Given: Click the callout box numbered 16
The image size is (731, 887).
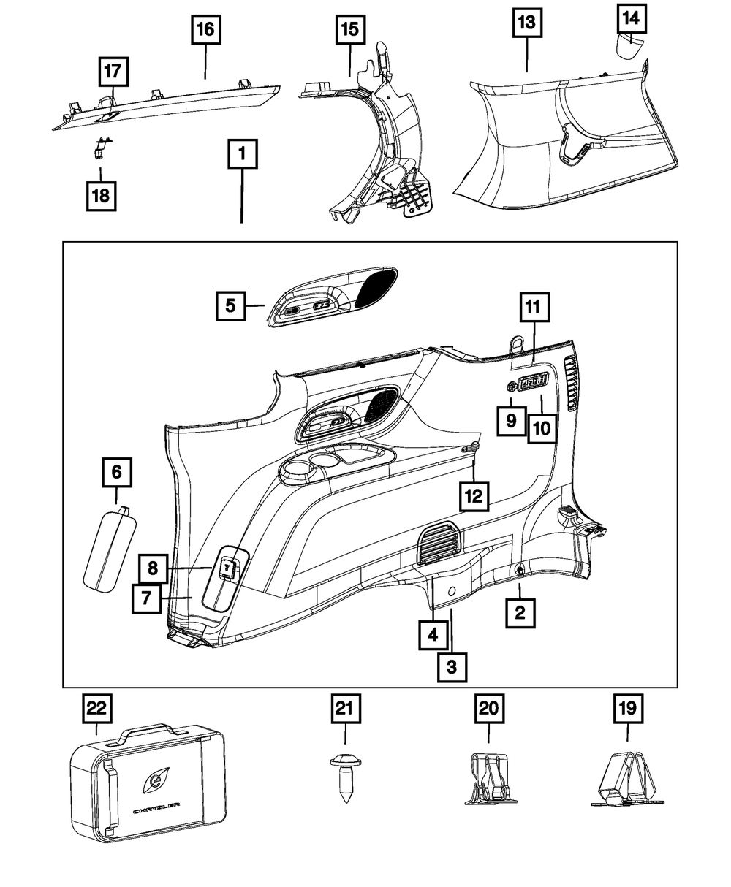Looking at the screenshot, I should [206, 30].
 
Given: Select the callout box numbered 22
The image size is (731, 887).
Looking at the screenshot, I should [96, 709].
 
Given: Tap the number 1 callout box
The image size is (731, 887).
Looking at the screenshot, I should [242, 155].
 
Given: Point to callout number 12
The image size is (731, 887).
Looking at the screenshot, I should [474, 495].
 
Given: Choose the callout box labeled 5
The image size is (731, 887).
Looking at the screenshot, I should [230, 305].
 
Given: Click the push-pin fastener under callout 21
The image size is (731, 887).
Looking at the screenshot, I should [344, 777].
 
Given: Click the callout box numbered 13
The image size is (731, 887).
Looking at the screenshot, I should [526, 22].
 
